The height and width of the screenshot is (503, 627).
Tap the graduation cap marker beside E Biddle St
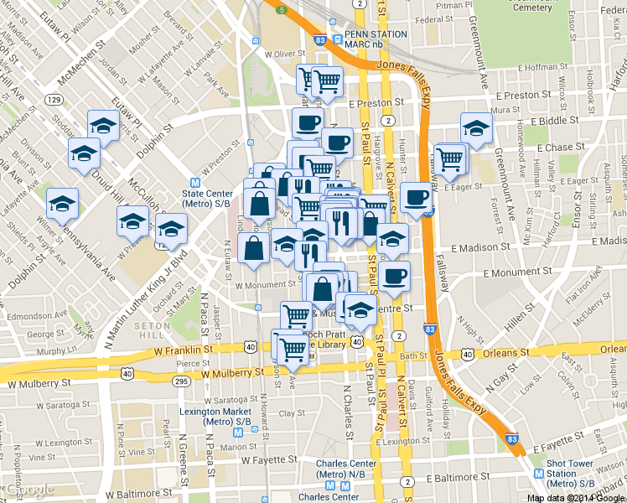tap(476, 129)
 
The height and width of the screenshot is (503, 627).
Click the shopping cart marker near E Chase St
tap(451, 157)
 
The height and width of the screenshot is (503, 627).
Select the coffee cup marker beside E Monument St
tap(393, 276)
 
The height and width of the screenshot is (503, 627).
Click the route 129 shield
tap(54, 99)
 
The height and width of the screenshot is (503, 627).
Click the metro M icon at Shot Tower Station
tap(538, 473)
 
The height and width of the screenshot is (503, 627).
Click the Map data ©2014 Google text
tap(575, 498)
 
